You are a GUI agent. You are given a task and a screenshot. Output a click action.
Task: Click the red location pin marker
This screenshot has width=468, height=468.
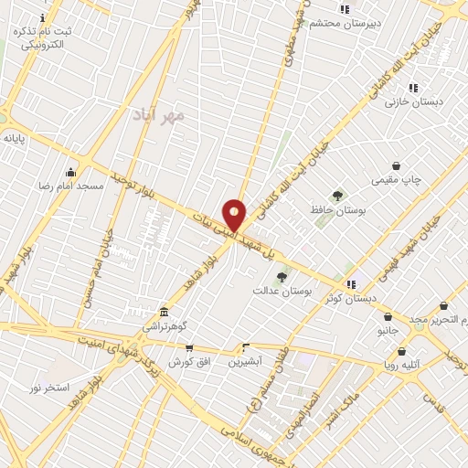(235, 216)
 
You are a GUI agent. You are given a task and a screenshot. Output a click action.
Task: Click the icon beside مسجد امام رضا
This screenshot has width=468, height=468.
(70, 172)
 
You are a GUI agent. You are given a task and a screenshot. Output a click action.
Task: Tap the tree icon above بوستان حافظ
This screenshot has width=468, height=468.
(338, 195)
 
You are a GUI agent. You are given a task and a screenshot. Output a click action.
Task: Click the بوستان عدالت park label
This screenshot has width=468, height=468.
(283, 290)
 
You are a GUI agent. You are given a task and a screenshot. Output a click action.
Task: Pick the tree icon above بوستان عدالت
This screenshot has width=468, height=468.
(282, 276)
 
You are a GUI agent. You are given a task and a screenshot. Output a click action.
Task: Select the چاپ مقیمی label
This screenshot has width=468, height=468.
(398, 181)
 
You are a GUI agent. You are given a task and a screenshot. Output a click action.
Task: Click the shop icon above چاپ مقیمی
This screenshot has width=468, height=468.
(396, 166)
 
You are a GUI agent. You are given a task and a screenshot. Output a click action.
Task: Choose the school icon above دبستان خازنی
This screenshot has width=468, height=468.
(413, 88)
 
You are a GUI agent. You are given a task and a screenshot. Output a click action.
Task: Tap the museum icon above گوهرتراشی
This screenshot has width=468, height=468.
(164, 312)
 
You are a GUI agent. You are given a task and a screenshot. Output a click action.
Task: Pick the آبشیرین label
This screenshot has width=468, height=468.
(245, 361)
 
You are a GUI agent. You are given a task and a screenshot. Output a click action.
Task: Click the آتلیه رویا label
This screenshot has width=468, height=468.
(399, 365)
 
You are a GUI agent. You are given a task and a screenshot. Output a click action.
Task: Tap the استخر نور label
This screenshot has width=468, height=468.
(49, 388)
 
